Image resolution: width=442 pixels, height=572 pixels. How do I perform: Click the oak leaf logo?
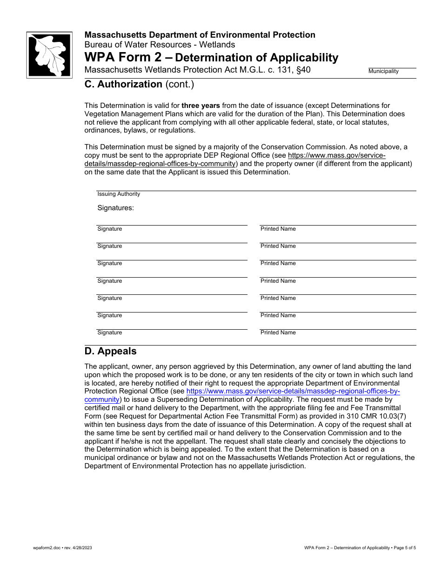pyautogui.click(x=49, y=55)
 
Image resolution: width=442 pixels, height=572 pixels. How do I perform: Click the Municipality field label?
pyautogui.click(x=383, y=72)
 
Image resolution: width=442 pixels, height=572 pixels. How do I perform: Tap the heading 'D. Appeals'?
pyautogui.click(x=111, y=351)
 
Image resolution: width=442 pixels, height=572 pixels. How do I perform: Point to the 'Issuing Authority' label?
pyautogui.click(x=119, y=194)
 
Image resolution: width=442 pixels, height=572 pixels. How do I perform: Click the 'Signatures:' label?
pyautogui.click(x=115, y=208)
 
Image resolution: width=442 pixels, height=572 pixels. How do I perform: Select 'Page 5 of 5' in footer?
pyautogui.click(x=404, y=548)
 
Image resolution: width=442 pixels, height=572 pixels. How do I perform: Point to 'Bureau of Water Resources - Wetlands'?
pyautogui.click(x=160, y=45)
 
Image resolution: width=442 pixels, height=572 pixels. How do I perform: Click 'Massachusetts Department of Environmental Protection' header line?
pyautogui.click(x=200, y=35)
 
